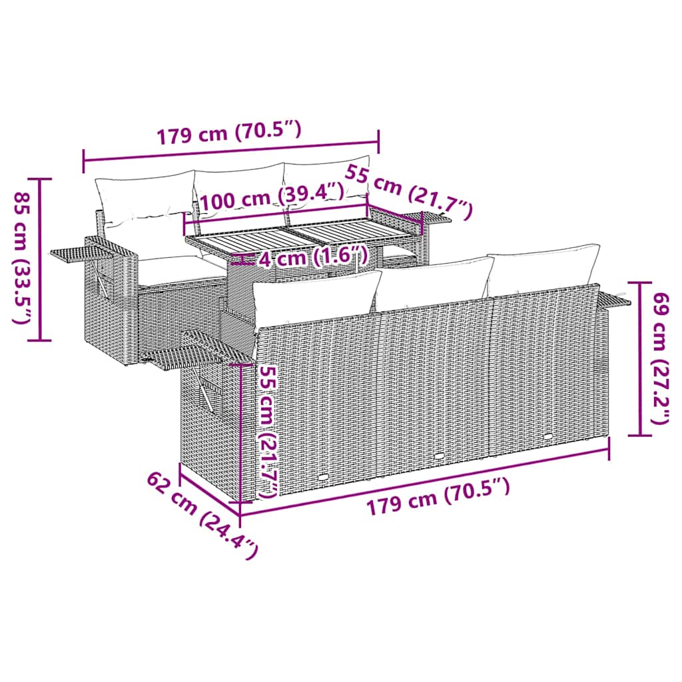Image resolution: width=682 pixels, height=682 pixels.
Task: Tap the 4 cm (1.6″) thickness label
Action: pos(312,257)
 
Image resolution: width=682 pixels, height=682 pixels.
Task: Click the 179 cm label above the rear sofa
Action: pos(229,133)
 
